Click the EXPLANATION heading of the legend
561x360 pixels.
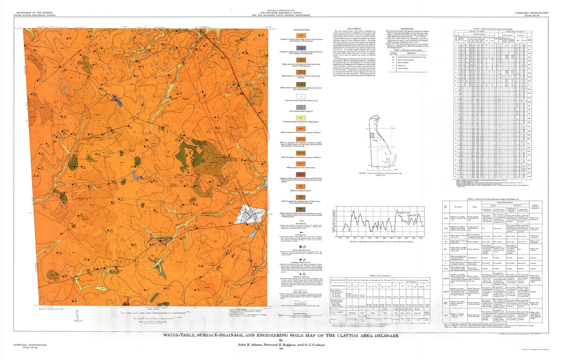pyautogui.click(x=301, y=30)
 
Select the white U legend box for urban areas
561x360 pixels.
pyautogui.click(x=301, y=96)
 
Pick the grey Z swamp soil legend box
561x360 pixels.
pyautogui.click(x=301, y=107)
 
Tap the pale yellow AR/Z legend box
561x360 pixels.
pyautogui.click(x=301, y=118)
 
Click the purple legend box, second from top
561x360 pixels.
pyautogui.click(x=301, y=48)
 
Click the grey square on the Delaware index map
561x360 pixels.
pyautogui.click(x=373, y=135)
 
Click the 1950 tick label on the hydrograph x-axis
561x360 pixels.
pyautogui.click(x=340, y=238)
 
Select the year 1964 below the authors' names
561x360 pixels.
pyautogui.click(x=280, y=348)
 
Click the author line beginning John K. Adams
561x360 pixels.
pyautogui.click(x=280, y=345)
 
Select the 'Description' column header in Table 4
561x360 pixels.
pyautogui.click(x=458, y=207)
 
